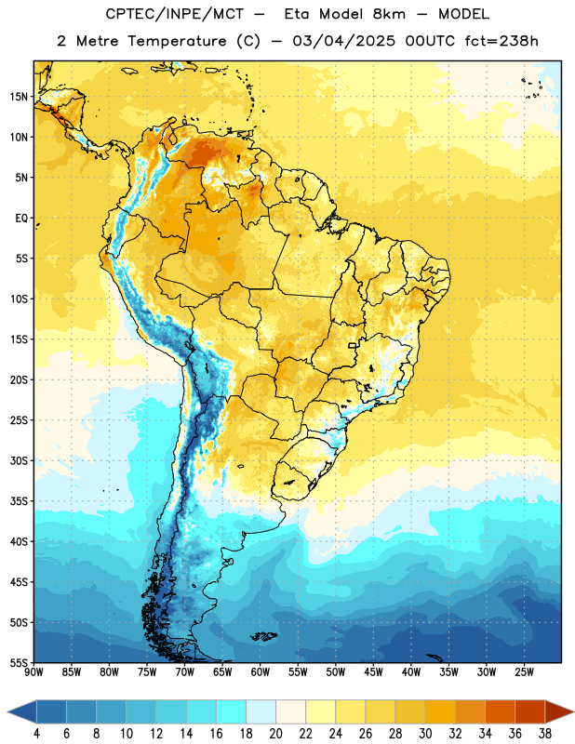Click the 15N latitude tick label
pyautogui.click(x=19, y=97)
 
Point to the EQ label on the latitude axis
pyautogui.click(x=21, y=219)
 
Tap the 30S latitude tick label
pyautogui.click(x=19, y=460)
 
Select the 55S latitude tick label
pyautogui.click(x=19, y=662)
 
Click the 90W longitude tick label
pyautogui.click(x=33, y=672)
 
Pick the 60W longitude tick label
pyautogui.click(x=261, y=672)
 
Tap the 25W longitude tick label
pyautogui.click(x=524, y=672)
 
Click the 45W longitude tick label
pyautogui.click(x=373, y=672)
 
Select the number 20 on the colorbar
pyautogui.click(x=275, y=734)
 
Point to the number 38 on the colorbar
pyautogui.click(x=545, y=734)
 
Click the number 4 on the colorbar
pyautogui.click(x=36, y=734)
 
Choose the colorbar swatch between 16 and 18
pyautogui.click(x=232, y=711)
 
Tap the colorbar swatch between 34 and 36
pyautogui.click(x=501, y=711)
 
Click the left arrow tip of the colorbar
pyautogui.click(x=7, y=711)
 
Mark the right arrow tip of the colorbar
pyautogui.click(x=573, y=711)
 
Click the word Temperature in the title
pyautogui.click(x=177, y=41)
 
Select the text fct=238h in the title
pyautogui.click(x=501, y=41)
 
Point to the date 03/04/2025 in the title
pyautogui.click(x=343, y=41)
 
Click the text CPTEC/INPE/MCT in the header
pyautogui.click(x=175, y=14)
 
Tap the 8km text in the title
pyautogui.click(x=389, y=14)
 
